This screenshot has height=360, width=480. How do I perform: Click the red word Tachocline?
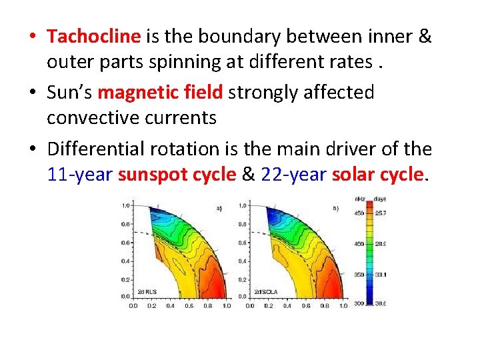(93, 36)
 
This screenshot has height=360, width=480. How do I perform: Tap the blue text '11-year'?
(81, 175)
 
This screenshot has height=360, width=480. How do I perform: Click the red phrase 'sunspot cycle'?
(177, 175)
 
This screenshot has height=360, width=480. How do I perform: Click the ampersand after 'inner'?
(424, 36)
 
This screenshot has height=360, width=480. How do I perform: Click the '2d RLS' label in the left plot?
(147, 291)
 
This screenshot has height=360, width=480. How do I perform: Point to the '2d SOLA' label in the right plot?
(265, 291)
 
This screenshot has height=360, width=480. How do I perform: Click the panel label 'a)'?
(219, 209)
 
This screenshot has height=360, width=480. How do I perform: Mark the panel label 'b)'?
(336, 209)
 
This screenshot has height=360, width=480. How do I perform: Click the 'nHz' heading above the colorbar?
(359, 199)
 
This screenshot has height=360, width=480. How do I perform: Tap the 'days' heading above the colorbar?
(380, 199)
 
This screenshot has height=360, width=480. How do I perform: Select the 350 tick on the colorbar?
(359, 274)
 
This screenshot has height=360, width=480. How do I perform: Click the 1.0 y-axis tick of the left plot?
(125, 205)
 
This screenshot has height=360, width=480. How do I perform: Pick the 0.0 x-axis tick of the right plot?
(249, 306)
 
